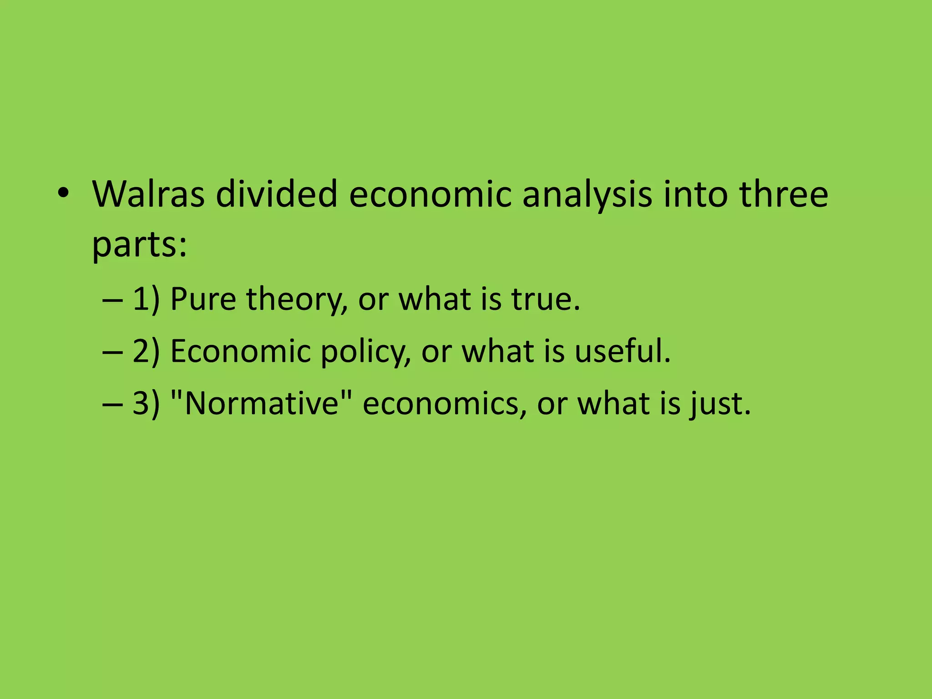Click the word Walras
coord(148,194)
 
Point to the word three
coord(784,194)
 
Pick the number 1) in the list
coord(146,299)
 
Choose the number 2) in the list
coord(146,351)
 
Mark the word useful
coord(622,351)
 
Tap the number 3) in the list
coord(146,404)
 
